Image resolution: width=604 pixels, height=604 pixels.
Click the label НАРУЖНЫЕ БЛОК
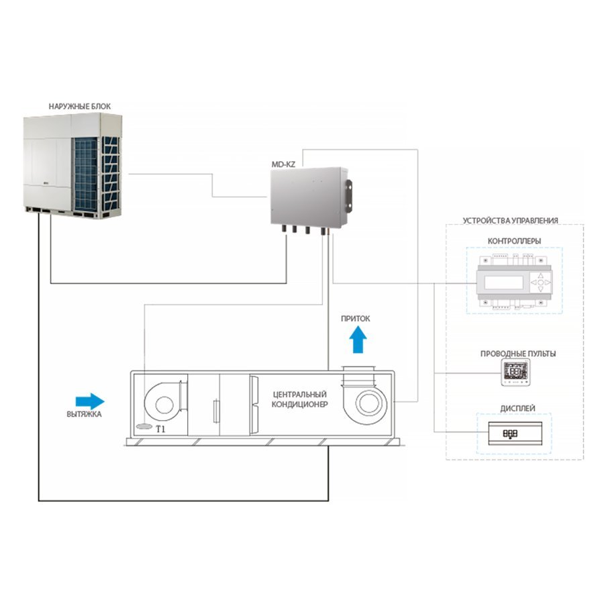(79, 106)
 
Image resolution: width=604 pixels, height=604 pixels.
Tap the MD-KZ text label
(283, 164)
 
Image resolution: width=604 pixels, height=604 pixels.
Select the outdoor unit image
(73, 166)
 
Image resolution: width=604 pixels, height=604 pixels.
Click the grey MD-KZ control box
(308, 196)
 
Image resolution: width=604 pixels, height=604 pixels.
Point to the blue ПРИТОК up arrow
(358, 340)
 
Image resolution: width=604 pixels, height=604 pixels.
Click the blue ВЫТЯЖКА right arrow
(90, 401)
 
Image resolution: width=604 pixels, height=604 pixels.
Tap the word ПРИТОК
(355, 319)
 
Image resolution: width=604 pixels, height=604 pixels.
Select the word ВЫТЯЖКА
(84, 415)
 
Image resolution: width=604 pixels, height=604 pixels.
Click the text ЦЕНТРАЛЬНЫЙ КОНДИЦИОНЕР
(300, 399)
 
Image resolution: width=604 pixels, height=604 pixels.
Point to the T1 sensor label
(160, 429)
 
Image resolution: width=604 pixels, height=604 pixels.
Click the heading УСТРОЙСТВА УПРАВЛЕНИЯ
(510, 221)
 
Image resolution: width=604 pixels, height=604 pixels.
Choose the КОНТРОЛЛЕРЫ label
(514, 241)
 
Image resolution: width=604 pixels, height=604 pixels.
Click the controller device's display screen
(503, 283)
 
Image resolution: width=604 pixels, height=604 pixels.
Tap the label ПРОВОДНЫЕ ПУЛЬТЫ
(517, 354)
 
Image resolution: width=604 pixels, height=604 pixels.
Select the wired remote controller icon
(515, 372)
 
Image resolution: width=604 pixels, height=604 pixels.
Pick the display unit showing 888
(515, 434)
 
